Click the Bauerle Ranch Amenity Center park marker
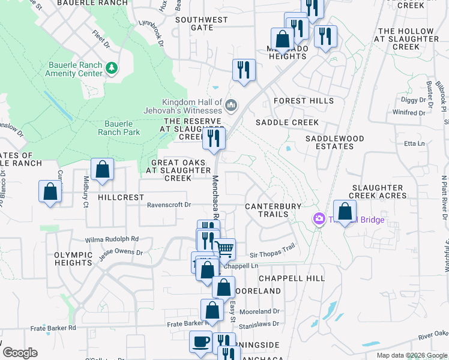pos(112,67)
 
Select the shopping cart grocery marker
pos(224,249)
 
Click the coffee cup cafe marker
pos(201,341)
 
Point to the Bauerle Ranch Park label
pos(119,128)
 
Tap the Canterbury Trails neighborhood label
pos(273,210)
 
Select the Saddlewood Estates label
pos(335,142)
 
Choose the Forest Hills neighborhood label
pos(303,101)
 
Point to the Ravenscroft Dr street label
pos(169,205)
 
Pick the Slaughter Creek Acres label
pos(379,191)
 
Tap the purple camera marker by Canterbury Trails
pos(319,220)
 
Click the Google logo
pos(20,353)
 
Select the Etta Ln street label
pos(414,143)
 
